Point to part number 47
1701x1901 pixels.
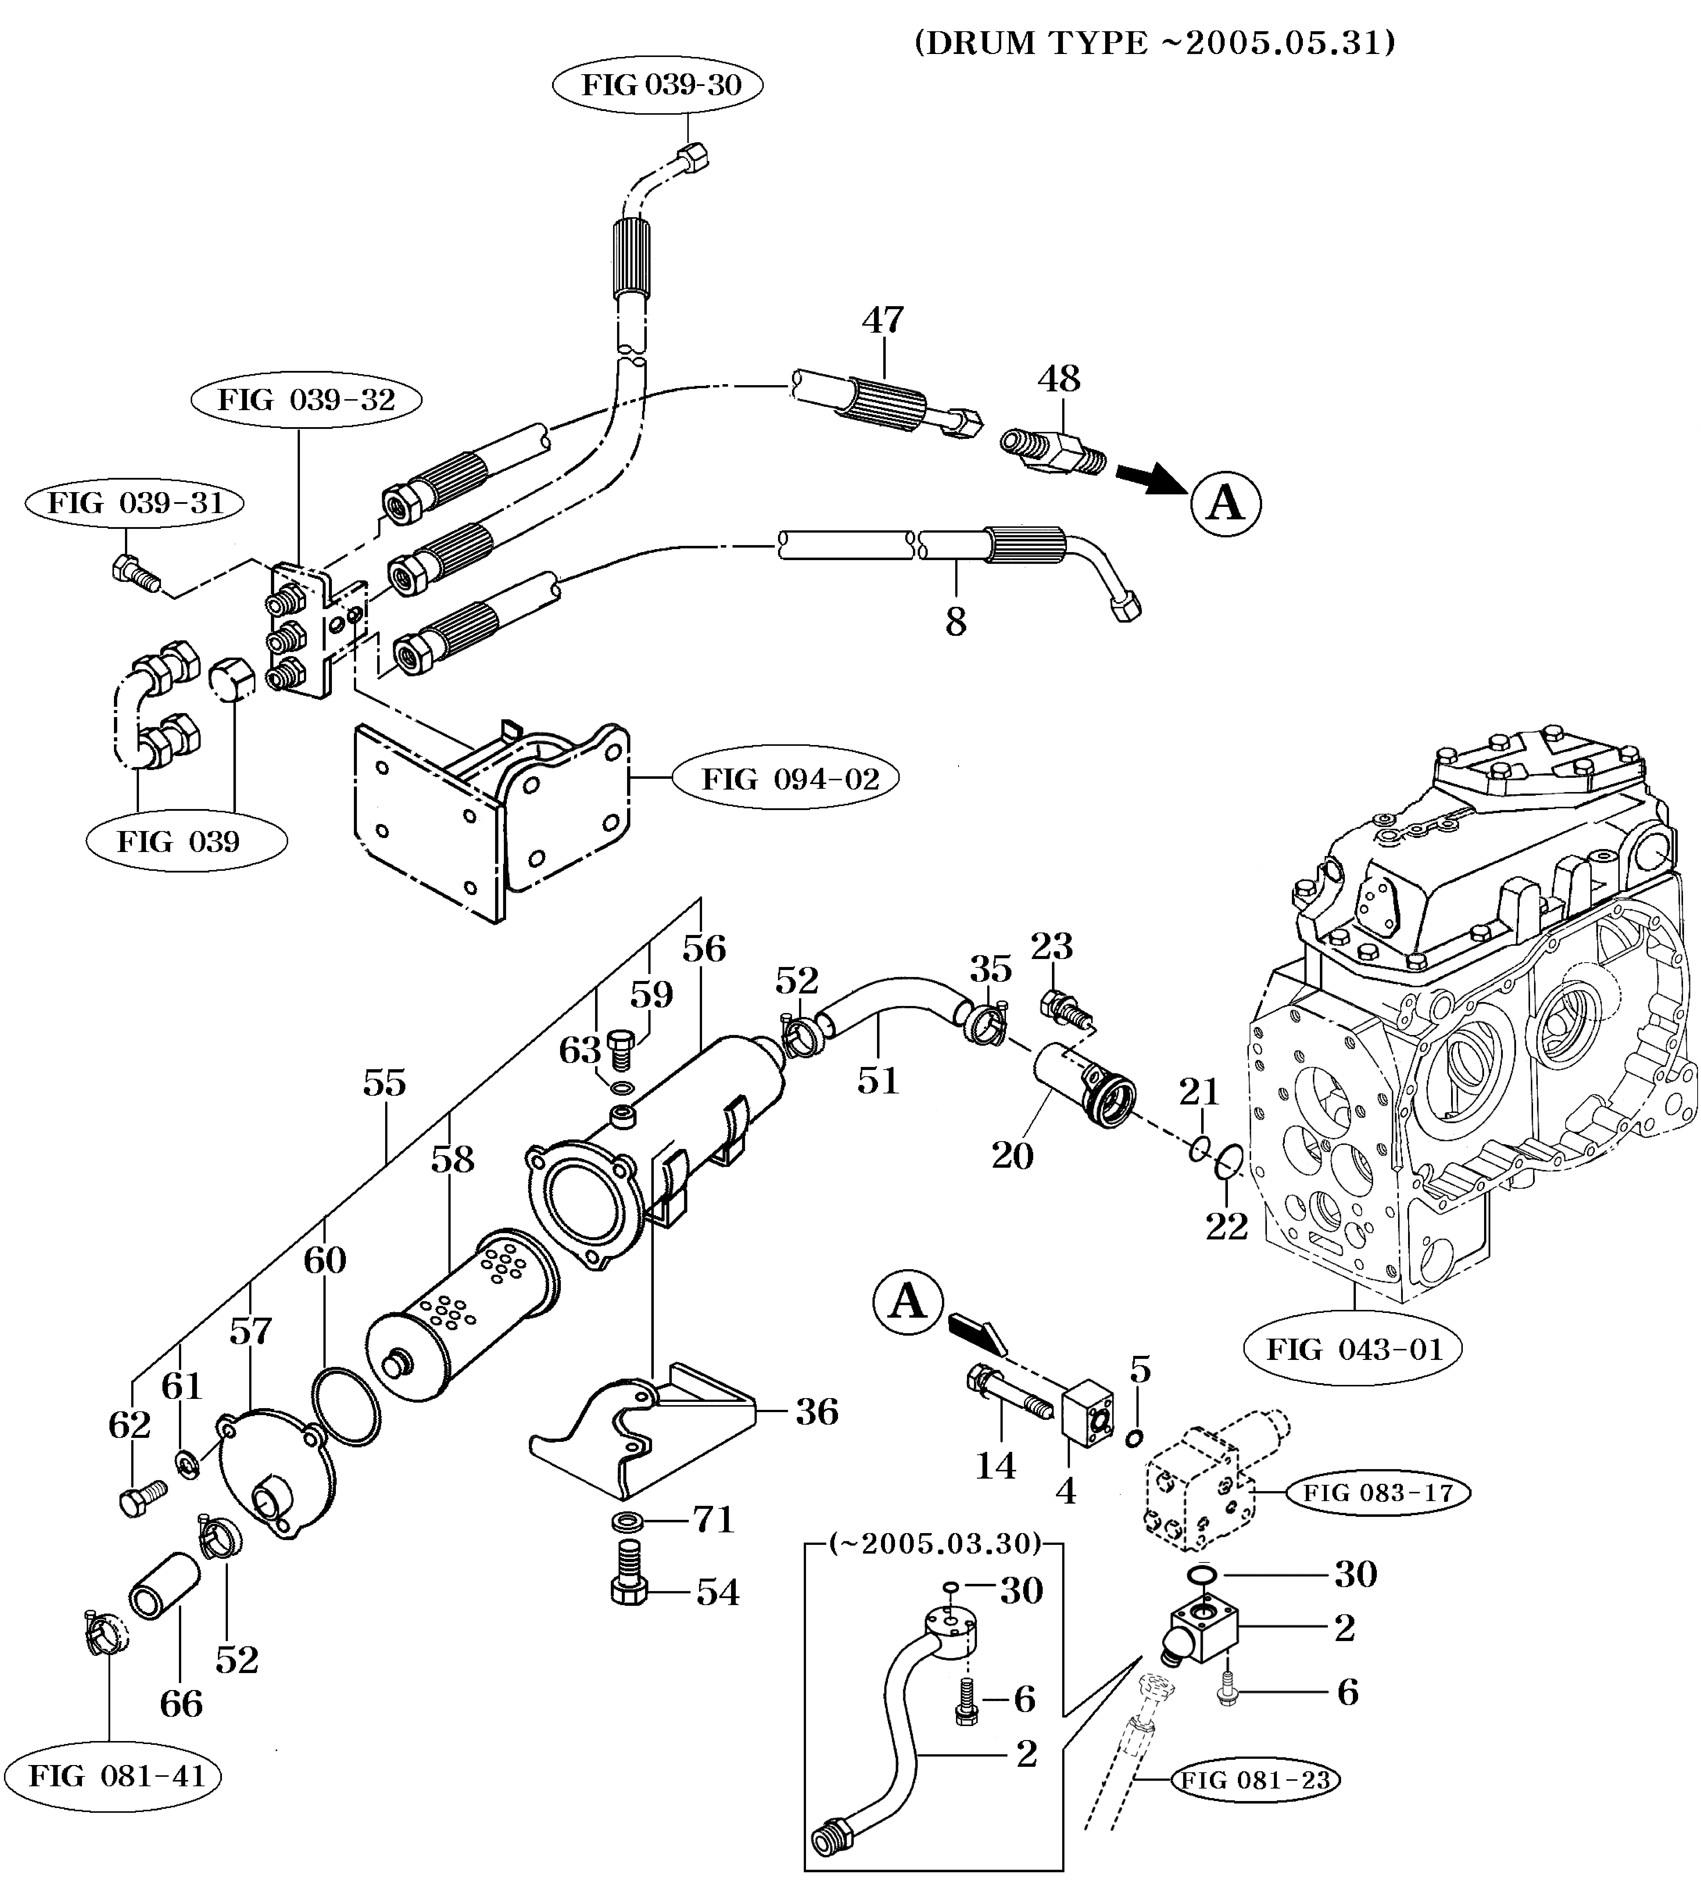[x=882, y=321]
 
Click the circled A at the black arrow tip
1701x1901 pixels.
[x=1225, y=504]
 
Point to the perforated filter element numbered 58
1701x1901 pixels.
[x=463, y=1313]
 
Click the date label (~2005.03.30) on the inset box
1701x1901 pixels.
[x=935, y=1543]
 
